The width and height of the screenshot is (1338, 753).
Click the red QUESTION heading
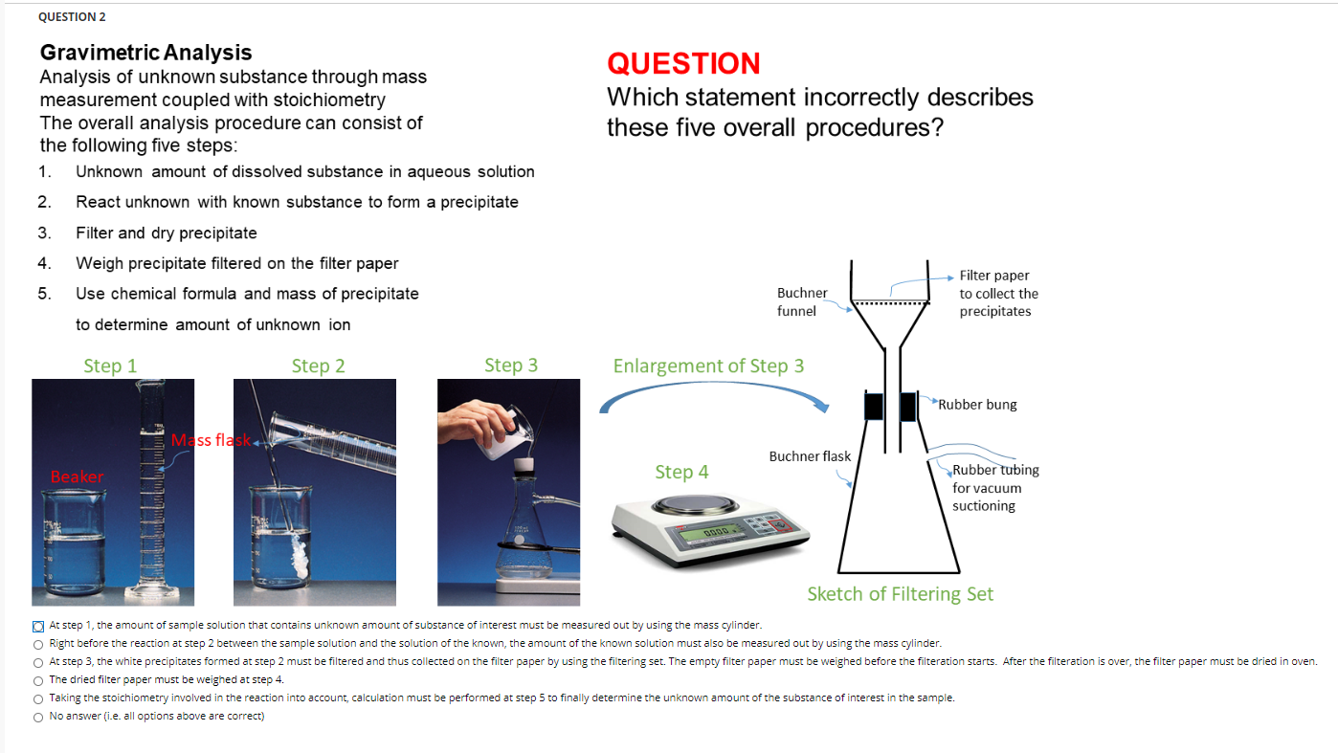click(x=683, y=64)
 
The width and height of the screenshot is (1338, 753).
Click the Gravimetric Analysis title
click(x=145, y=53)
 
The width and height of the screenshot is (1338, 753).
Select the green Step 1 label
click(x=110, y=365)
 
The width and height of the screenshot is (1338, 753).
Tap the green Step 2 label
click(x=318, y=365)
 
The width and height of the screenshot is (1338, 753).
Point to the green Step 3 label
click(x=511, y=365)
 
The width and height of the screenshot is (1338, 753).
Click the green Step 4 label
click(x=681, y=472)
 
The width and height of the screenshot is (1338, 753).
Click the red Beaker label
click(x=77, y=476)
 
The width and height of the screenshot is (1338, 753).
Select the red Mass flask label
click(x=211, y=440)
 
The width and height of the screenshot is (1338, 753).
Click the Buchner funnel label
click(x=802, y=301)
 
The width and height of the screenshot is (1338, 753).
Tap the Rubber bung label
click(x=977, y=405)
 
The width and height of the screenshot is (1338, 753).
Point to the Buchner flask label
click(x=810, y=456)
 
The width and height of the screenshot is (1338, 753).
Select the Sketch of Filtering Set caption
click(x=900, y=594)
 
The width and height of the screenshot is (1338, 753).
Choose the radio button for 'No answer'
click(x=38, y=717)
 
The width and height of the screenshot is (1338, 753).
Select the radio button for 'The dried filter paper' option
click(x=38, y=680)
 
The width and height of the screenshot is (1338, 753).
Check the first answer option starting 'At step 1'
click(x=38, y=626)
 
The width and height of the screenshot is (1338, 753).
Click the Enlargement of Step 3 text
click(x=708, y=366)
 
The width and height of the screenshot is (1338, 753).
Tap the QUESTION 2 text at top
click(x=72, y=17)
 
